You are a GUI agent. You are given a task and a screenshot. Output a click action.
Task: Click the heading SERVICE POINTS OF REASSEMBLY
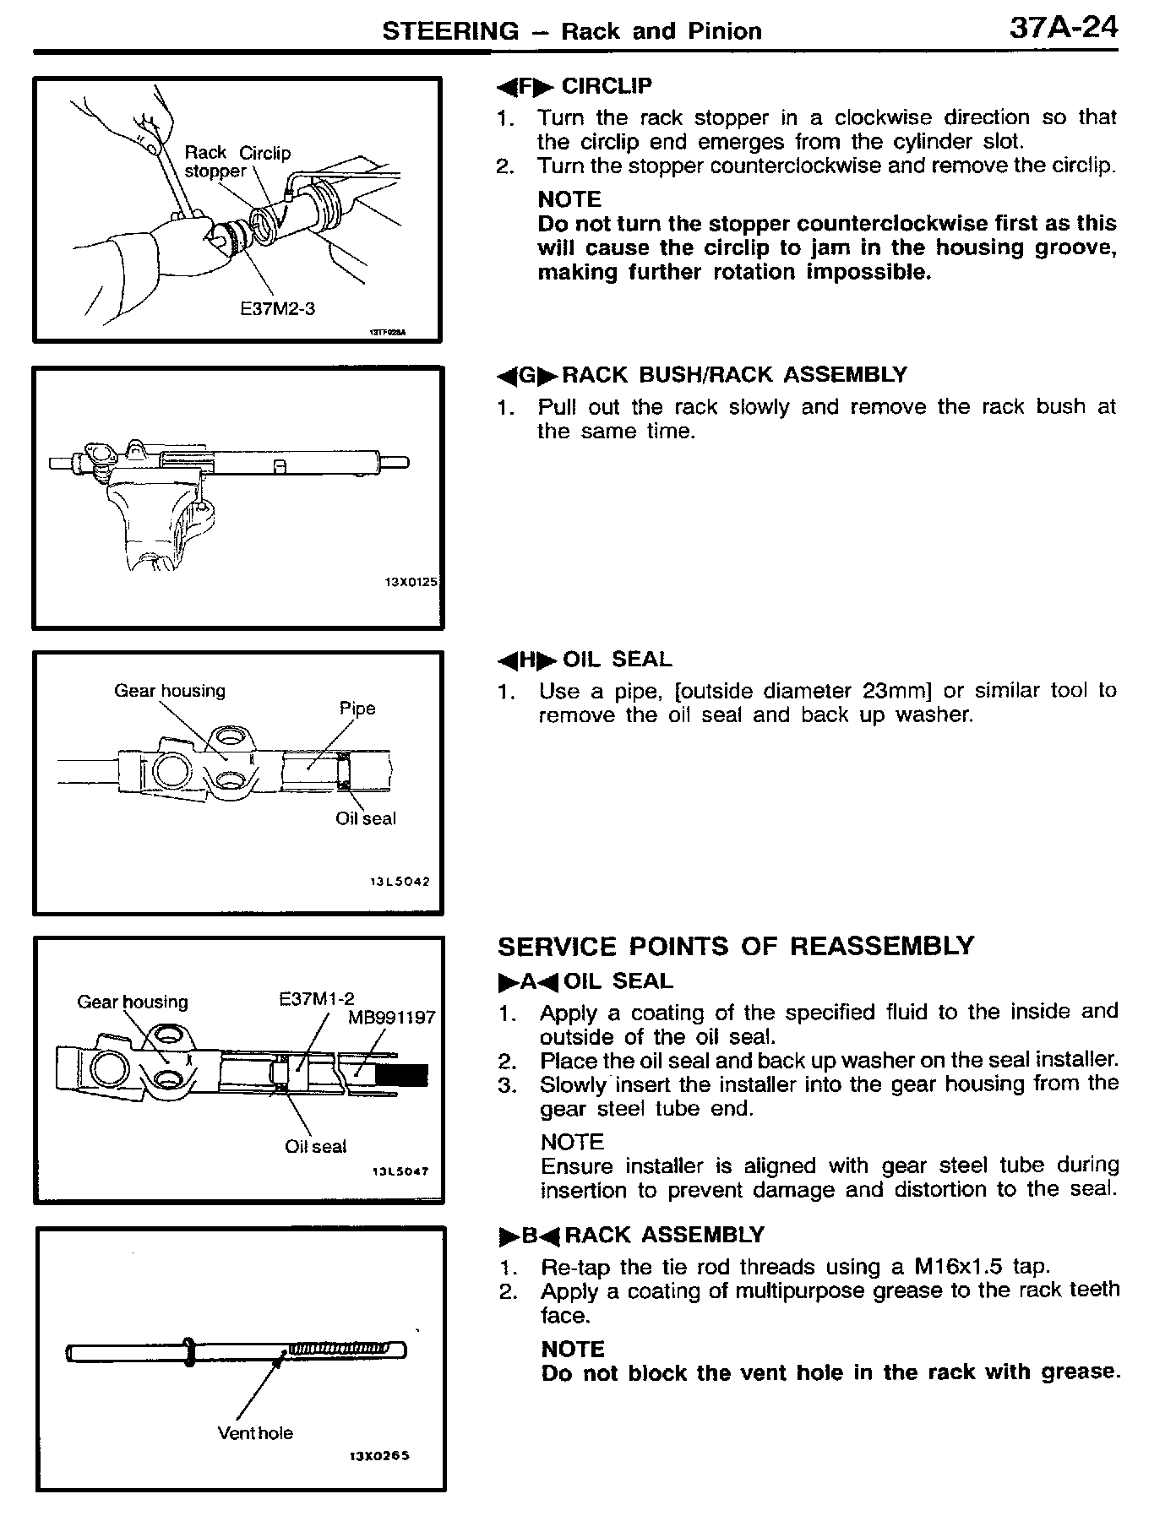tap(735, 946)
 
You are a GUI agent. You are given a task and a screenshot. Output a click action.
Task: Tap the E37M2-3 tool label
tap(277, 309)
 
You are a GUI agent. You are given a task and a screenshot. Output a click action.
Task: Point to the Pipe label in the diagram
tap(357, 709)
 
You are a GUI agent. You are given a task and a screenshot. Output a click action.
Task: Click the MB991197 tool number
tap(391, 1018)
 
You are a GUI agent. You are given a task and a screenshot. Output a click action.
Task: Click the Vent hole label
tap(255, 1433)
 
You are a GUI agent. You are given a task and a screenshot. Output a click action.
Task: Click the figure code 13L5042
tap(400, 882)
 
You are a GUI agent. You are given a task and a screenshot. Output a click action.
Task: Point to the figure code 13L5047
tap(400, 1171)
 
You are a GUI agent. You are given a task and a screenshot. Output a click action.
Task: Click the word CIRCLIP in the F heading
tap(607, 86)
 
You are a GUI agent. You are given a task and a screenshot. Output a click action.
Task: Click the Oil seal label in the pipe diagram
tap(365, 818)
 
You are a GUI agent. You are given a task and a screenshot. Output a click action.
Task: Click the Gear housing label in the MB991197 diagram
tap(133, 1002)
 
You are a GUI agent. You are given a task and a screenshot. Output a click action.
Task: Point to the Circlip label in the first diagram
tap(264, 153)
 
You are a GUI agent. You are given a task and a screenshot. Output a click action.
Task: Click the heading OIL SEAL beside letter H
tap(617, 660)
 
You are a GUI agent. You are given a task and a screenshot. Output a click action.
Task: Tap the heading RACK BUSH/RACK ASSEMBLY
tap(733, 375)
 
